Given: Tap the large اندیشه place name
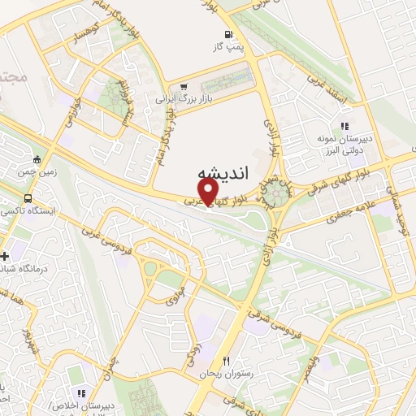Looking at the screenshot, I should (x=218, y=175).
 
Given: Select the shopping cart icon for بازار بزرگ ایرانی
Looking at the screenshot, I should (x=185, y=87).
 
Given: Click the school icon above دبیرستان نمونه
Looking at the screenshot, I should (x=344, y=126).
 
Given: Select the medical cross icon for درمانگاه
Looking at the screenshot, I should (x=6, y=256).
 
